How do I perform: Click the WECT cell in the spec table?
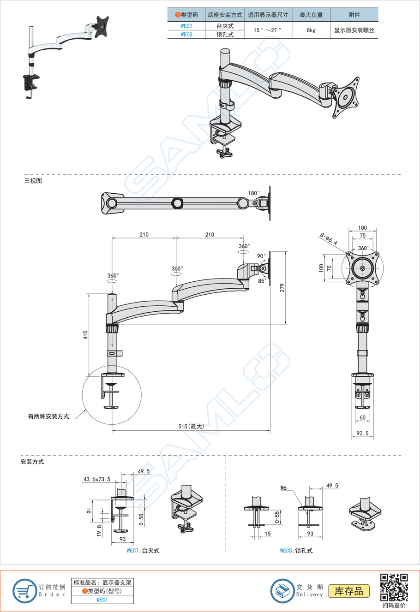186,26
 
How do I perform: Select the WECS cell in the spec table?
186,35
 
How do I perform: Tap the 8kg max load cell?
311,30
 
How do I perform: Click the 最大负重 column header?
311,15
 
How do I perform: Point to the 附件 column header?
354,15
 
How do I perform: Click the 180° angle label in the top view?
254,193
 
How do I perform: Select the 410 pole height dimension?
85,335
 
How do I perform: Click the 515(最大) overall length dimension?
191,427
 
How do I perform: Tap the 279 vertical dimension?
282,288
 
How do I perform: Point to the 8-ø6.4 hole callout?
328,238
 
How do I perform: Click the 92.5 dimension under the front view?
363,434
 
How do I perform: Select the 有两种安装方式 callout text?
48,416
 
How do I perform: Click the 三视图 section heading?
33,181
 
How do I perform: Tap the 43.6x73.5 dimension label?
96,479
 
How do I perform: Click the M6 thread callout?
283,487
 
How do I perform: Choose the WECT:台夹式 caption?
143,551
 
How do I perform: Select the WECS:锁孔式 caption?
296,551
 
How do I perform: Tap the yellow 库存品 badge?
349,591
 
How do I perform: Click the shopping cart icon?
24,591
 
